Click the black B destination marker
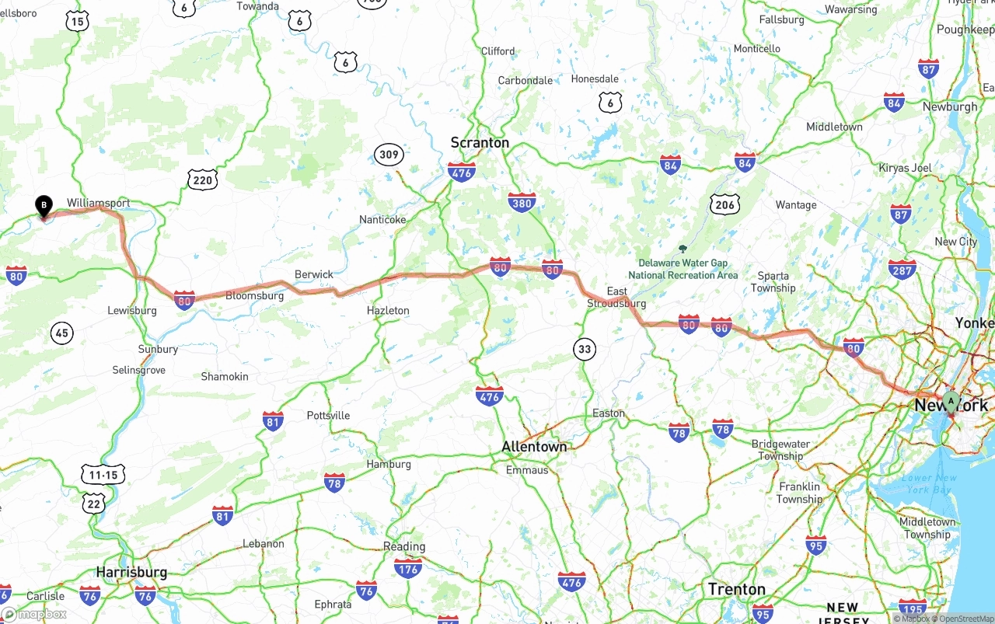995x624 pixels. pyautogui.click(x=44, y=207)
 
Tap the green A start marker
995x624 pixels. pyautogui.click(x=950, y=401)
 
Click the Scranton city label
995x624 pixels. pyautogui.click(x=480, y=143)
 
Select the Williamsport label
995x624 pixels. pyautogui.click(x=98, y=203)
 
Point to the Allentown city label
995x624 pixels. pyautogui.click(x=534, y=447)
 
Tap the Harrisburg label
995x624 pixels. pyautogui.click(x=131, y=572)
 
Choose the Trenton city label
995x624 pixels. pyautogui.click(x=736, y=589)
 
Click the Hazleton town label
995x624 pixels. pyautogui.click(x=388, y=311)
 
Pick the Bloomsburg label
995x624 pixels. pyautogui.click(x=254, y=296)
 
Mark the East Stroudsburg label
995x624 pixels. pyautogui.click(x=616, y=297)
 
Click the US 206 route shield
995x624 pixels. pyautogui.click(x=724, y=204)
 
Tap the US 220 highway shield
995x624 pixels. pyautogui.click(x=202, y=181)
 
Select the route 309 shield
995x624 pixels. pyautogui.click(x=389, y=155)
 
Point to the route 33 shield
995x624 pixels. pyautogui.click(x=585, y=349)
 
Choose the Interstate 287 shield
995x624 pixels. pyautogui.click(x=902, y=270)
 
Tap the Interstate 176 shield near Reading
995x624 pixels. pyautogui.click(x=408, y=569)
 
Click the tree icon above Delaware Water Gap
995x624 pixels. pyautogui.click(x=683, y=249)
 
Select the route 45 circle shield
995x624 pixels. pyautogui.click(x=62, y=333)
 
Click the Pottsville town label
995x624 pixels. pyautogui.click(x=328, y=416)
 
